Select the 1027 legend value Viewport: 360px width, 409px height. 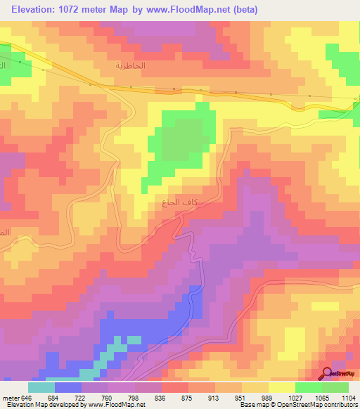(295, 398)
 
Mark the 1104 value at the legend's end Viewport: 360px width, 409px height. (348, 398)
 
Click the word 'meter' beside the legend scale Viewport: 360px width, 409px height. (11, 398)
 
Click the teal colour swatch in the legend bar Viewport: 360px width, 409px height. (41, 387)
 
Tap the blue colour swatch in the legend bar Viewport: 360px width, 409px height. (68, 387)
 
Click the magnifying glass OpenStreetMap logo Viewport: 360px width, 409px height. (328, 373)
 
